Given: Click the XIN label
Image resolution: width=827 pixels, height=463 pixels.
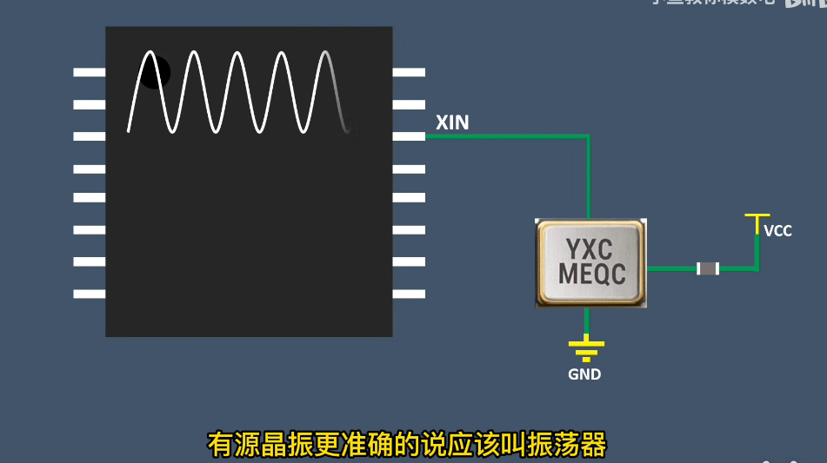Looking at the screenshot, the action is (452, 122).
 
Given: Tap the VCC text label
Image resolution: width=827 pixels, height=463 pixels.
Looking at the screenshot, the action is (777, 231).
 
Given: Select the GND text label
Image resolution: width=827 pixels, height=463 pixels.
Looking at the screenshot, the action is (584, 375).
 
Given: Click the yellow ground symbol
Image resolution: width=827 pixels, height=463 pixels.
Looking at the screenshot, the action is (586, 350).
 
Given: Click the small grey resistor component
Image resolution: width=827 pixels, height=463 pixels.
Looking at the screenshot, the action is (708, 268).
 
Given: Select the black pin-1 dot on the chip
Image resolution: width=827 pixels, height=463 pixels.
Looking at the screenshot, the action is (155, 72).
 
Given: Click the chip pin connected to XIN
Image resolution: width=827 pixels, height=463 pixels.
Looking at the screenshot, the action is (409, 136).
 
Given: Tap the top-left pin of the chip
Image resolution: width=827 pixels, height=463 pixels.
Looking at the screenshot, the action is (90, 72).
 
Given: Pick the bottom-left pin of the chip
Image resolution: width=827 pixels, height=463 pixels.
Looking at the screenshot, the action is (90, 294).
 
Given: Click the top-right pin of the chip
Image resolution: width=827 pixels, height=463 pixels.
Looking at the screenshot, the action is (409, 72).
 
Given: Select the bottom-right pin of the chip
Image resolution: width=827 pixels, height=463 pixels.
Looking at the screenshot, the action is (409, 294).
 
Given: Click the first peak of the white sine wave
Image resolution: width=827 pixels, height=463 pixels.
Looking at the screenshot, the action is (150, 54).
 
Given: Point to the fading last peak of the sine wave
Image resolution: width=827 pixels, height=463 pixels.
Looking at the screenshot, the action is (325, 55).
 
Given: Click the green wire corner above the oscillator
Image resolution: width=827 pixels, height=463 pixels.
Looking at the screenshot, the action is (588, 136).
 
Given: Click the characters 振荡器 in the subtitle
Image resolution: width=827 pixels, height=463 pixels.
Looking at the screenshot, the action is (568, 445).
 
